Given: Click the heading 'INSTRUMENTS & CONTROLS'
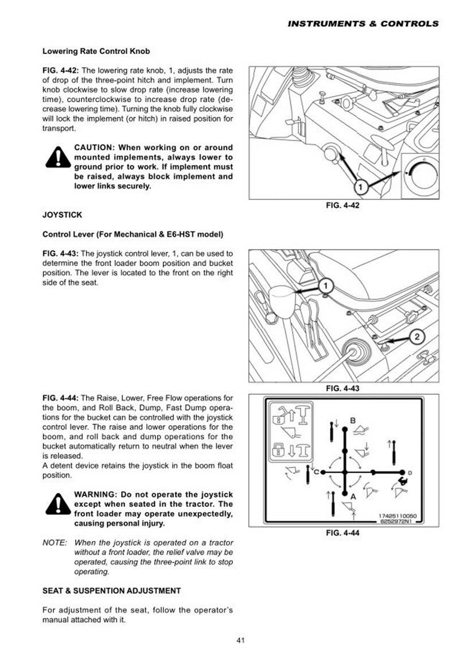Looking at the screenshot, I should (363, 24).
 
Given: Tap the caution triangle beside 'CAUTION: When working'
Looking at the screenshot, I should (57, 159).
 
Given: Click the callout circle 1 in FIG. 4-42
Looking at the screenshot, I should (360, 186).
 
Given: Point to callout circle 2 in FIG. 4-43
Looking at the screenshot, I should (417, 338).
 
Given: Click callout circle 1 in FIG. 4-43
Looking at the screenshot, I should (324, 286).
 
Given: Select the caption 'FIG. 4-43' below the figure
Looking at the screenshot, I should (342, 389).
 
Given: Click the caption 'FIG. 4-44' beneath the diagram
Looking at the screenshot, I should (342, 533).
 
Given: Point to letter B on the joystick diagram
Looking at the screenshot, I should (352, 420).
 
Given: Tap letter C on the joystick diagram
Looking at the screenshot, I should (316, 472).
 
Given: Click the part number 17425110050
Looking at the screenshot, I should (398, 516).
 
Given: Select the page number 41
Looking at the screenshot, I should (241, 641).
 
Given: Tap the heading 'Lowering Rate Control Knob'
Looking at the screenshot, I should (96, 51).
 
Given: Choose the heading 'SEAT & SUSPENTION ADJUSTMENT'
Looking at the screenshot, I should (111, 590).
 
